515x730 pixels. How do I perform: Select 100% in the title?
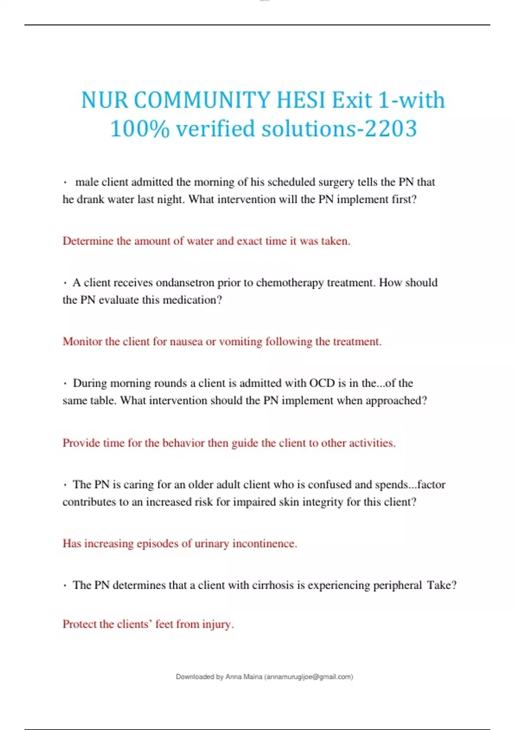140,129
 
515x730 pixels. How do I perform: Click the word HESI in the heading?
301,100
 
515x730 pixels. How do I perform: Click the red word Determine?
88,241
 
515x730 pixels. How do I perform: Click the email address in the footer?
309,677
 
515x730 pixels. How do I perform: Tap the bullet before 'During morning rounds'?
65,383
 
